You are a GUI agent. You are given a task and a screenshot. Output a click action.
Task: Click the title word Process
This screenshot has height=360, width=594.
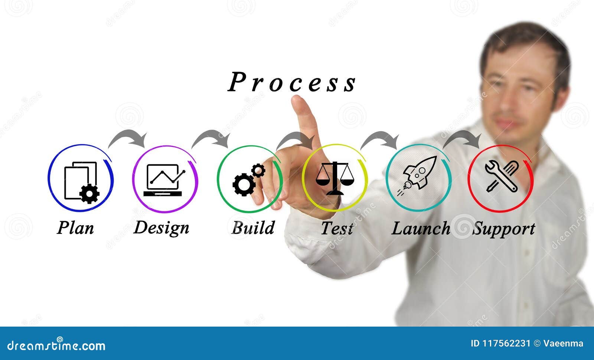(292, 82)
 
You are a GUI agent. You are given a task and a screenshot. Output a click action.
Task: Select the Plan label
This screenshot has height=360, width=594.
(75, 228)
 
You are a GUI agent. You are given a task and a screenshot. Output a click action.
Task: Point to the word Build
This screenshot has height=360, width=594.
(253, 228)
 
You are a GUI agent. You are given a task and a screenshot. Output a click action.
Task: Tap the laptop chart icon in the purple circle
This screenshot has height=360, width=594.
(164, 180)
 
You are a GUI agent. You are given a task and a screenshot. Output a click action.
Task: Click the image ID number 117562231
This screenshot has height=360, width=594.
(506, 344)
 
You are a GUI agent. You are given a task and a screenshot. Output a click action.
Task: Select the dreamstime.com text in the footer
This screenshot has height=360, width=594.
(56, 346)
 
